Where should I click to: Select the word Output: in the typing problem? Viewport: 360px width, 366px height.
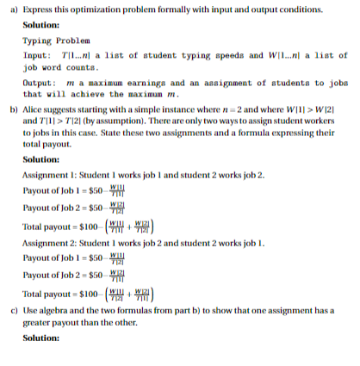[x=39, y=82]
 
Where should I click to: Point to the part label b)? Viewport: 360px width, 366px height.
[x=11, y=110]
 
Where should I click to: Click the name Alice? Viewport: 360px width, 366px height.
[x=34, y=110]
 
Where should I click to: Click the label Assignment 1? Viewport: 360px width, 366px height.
[x=51, y=173]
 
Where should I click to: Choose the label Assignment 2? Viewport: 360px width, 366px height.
[x=51, y=244]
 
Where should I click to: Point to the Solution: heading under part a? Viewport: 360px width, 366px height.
[x=40, y=24]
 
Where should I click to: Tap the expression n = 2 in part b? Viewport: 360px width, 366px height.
[x=232, y=110]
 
